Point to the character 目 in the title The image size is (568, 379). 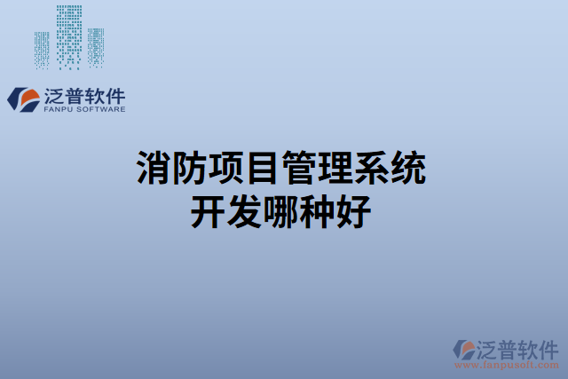(x=264, y=169)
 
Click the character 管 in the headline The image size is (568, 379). (x=300, y=169)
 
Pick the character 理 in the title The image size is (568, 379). (x=336, y=169)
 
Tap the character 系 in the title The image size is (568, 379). (x=373, y=169)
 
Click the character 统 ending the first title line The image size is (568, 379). (x=409, y=169)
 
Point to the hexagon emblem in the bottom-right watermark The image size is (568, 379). (x=464, y=348)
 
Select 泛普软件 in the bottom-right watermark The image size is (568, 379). (x=519, y=347)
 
